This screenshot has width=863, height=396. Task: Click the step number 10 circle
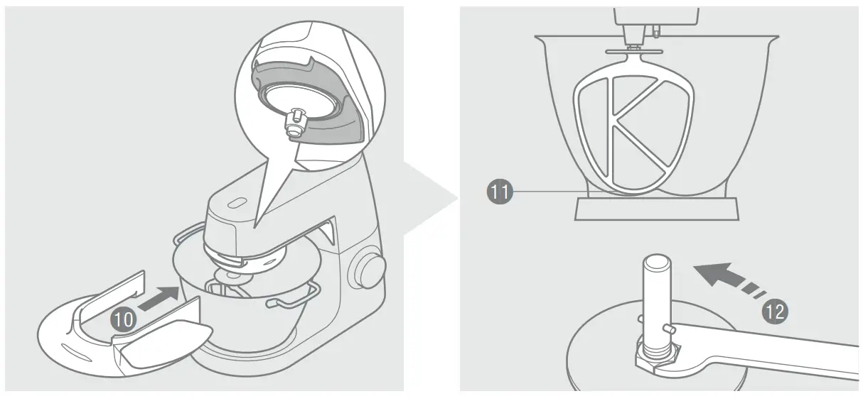pos(122,319)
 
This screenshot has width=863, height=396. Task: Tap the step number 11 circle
pos(500,192)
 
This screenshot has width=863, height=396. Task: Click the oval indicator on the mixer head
pos(236,204)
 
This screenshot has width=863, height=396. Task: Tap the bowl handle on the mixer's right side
pos(292,304)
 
